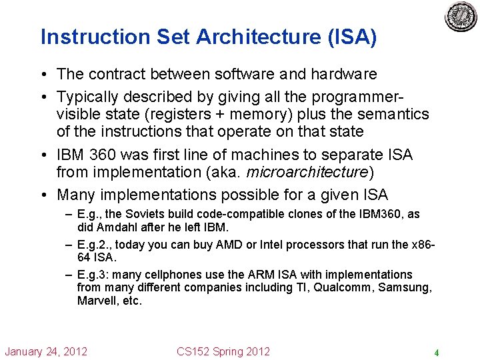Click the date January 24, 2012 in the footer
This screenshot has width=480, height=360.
click(x=46, y=351)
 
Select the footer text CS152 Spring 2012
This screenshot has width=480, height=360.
click(x=223, y=351)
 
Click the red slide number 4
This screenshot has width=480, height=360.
click(x=436, y=353)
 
